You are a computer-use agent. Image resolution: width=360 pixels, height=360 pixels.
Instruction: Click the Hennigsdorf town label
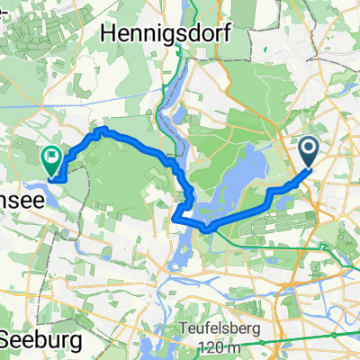click(x=167, y=33)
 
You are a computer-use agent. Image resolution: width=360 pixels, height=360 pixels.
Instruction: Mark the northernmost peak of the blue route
click(x=102, y=130)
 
